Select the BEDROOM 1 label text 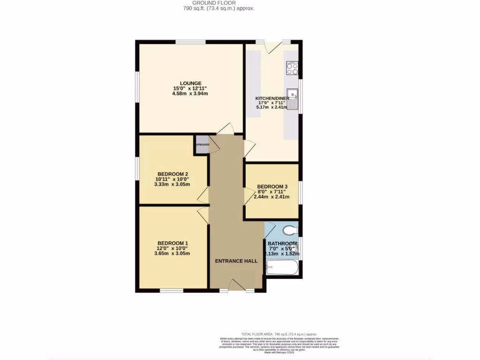pyautogui.click(x=172, y=243)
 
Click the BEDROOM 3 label pyautogui.click(x=272, y=186)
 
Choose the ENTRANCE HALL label pyautogui.click(x=236, y=261)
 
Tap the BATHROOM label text pyautogui.click(x=282, y=244)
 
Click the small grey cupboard pyautogui.click(x=202, y=145)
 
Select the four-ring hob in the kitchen pyautogui.click(x=292, y=68)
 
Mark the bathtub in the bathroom pyautogui.click(x=281, y=269)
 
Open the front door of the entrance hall pyautogui.click(x=237, y=285)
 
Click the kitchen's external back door pyautogui.click(x=272, y=46)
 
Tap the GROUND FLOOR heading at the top pyautogui.click(x=219, y=2)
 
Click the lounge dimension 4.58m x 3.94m pyautogui.click(x=190, y=94)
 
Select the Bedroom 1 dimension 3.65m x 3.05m pyautogui.click(x=172, y=254)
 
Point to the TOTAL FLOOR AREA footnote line pyautogui.click(x=279, y=334)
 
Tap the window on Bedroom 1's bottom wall pyautogui.click(x=171, y=291)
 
